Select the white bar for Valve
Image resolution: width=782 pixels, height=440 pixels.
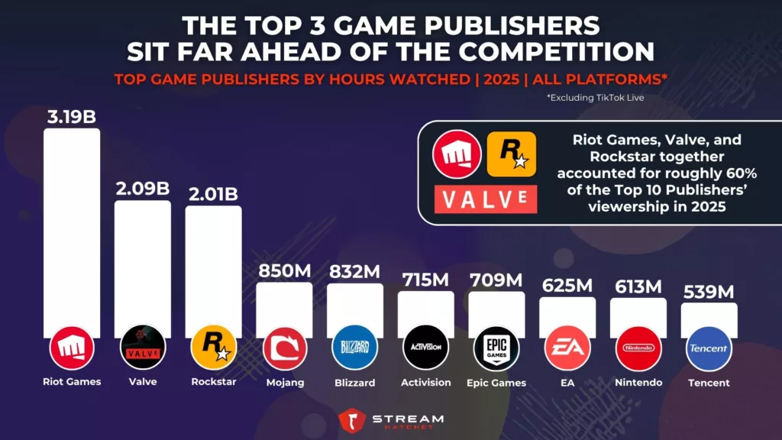143,260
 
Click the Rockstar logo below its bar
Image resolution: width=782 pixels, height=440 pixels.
213,348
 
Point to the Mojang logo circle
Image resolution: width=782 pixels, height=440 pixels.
284,348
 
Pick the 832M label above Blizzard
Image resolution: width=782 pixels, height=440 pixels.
354,270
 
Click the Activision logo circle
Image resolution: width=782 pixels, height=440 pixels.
425,348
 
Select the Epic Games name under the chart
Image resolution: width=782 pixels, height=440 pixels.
496,383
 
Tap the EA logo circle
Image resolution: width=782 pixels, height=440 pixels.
567,348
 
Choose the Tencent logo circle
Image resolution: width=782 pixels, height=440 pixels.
709,348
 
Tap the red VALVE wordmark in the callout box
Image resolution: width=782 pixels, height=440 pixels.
486,198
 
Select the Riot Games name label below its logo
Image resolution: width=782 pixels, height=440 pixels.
71,382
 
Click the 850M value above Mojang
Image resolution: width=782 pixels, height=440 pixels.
283,270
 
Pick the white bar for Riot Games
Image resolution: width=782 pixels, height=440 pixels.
71,229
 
